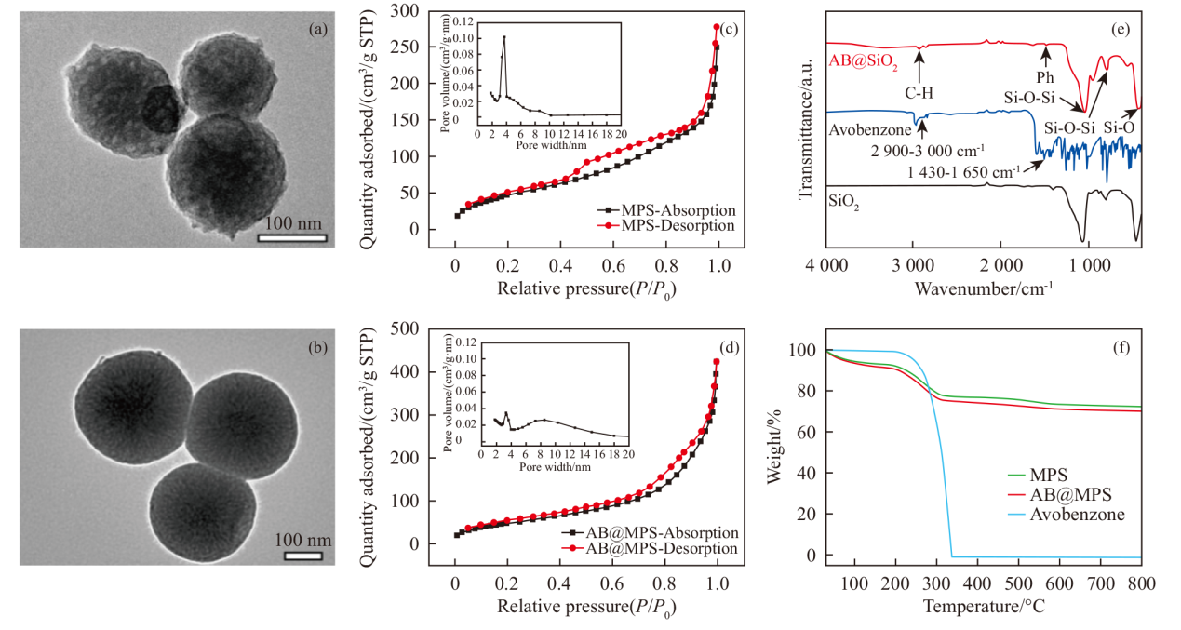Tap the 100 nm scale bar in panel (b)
[302, 556]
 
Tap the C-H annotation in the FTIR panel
[919, 92]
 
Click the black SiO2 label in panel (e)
[844, 198]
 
